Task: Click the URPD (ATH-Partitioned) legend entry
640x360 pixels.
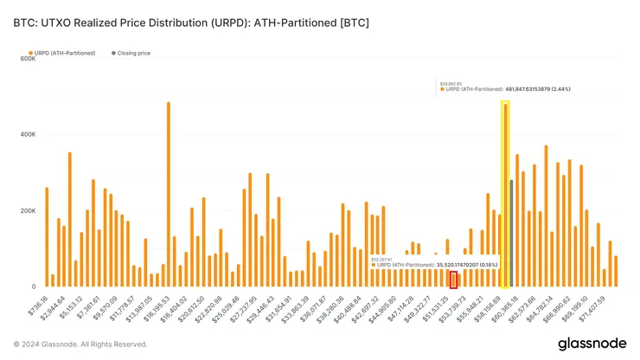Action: coord(60,53)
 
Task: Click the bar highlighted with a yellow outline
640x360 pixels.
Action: coord(505,195)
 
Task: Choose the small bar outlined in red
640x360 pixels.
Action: coord(453,280)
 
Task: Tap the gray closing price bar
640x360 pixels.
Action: coord(511,233)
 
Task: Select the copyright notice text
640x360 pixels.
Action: coord(80,344)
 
